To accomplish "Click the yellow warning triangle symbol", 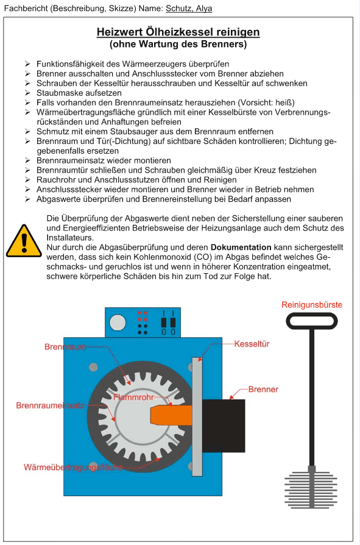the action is [x=24, y=241].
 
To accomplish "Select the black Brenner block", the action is [x=224, y=426].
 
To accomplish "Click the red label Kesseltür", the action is [x=252, y=344].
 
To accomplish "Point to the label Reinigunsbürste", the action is [x=312, y=305].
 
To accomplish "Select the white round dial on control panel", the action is [x=118, y=322].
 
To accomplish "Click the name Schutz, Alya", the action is [x=189, y=9].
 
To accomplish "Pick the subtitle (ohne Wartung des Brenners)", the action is [x=178, y=44].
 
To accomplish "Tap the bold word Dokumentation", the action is [x=241, y=248].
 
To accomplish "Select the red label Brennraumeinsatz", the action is [x=50, y=405].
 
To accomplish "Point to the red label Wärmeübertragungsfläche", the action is [x=73, y=467].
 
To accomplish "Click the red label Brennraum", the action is [x=65, y=347].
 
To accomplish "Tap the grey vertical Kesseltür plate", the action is [x=197, y=416].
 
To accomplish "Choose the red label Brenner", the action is [x=263, y=390].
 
